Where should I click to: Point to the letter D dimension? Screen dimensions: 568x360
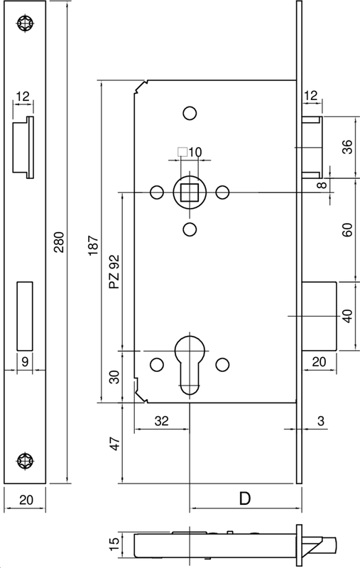coord(244,499)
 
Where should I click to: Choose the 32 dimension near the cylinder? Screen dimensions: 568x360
coord(161,420)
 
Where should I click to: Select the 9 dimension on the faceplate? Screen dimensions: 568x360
coord(24,361)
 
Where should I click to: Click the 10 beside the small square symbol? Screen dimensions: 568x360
coord(196,151)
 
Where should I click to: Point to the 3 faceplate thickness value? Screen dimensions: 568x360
coord(321,420)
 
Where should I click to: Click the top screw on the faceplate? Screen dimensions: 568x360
coord(27,23)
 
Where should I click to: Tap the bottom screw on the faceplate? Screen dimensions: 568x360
coord(27,459)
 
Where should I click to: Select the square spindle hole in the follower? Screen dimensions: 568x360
coord(190,191)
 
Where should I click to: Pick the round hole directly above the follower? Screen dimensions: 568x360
coord(190,113)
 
